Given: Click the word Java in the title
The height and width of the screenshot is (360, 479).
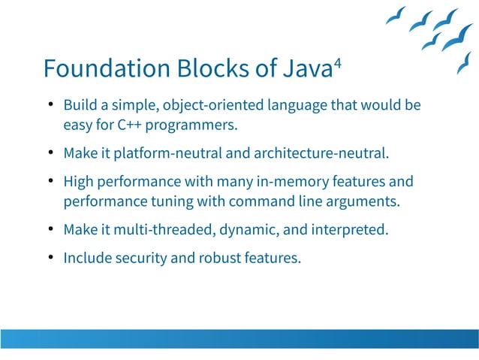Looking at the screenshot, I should [307, 69].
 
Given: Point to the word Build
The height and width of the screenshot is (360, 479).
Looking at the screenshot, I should [78, 104].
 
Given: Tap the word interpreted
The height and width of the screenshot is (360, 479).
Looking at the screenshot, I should [350, 229].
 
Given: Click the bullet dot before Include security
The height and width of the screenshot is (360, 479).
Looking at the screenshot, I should [50, 258].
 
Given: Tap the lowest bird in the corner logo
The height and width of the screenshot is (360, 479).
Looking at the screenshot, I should [464, 63].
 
